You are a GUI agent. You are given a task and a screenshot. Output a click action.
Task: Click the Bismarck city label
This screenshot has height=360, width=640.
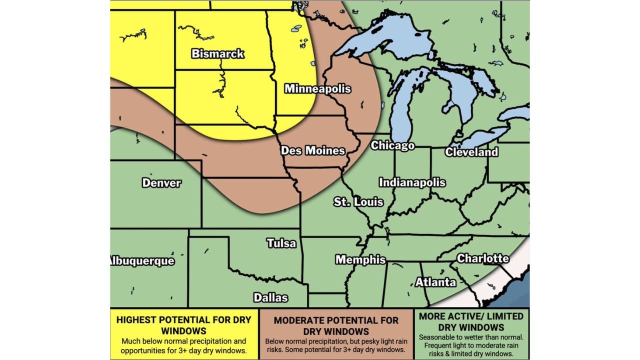click(218, 53)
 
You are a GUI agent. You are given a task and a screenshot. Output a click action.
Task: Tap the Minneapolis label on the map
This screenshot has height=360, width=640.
click(317, 89)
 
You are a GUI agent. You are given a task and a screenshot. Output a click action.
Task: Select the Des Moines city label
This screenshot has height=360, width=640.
click(312, 150)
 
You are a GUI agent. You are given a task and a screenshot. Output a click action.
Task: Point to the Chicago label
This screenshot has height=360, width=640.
click(392, 145)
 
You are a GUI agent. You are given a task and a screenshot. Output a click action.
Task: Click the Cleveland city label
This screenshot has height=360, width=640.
click(471, 152)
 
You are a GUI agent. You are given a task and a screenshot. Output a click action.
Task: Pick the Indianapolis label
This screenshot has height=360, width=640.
click(412, 182)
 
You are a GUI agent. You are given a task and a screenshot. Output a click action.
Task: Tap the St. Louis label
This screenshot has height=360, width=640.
click(358, 202)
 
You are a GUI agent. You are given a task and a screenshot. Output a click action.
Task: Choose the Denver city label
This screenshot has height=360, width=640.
click(161, 183)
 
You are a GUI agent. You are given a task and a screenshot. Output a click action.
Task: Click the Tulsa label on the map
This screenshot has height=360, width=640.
click(281, 243)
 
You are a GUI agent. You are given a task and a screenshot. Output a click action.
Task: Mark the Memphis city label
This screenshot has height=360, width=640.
click(360, 259)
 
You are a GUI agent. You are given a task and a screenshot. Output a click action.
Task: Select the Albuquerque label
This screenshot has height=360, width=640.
click(142, 261)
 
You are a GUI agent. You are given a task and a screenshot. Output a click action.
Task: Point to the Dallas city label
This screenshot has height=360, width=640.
click(270, 297)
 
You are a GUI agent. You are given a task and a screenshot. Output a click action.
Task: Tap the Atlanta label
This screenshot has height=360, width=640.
click(435, 282)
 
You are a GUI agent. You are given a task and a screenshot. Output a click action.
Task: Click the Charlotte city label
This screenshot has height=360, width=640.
click(482, 258)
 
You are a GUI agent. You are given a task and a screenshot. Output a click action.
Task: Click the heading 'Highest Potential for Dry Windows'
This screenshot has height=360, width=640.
click(183, 324)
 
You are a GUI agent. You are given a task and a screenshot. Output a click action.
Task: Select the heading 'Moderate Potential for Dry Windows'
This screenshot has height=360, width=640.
click(336, 325)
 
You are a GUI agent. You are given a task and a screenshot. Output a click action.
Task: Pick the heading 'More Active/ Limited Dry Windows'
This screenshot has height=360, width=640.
click(471, 321)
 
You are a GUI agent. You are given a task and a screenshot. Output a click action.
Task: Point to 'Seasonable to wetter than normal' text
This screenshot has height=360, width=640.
click(471, 337)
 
